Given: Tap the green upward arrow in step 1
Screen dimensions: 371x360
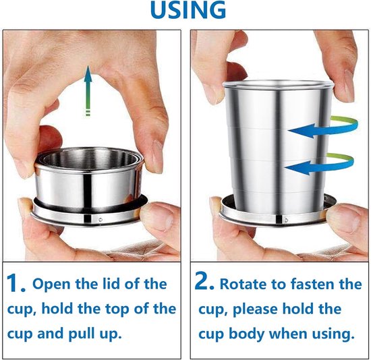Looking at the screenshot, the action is pos(88,90).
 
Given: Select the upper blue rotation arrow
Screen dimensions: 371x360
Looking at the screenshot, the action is pos(323,127).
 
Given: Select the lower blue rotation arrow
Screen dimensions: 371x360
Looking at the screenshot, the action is pos(320,164).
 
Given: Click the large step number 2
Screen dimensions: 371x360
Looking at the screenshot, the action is pos(204,281).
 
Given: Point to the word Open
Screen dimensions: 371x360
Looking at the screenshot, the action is pos(49,284).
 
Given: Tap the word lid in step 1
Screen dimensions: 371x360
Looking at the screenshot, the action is pos(112,283).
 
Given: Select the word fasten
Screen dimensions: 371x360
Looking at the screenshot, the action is pos(312,283).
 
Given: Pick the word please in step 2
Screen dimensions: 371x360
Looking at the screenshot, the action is pos(255,309).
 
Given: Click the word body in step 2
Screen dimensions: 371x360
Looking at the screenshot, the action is pos(246,334).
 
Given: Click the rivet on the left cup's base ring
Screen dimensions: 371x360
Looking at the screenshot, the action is pos(101,220).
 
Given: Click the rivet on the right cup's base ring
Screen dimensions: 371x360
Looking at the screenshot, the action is pos(286,220).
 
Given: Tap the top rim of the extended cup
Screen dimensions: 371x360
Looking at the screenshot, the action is pos(278,84).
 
